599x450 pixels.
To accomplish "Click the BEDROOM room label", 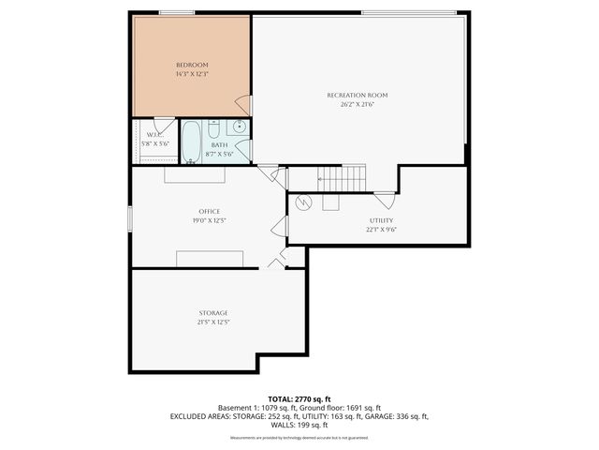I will click(x=192, y=65).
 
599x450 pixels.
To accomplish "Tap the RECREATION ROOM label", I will click(x=357, y=95).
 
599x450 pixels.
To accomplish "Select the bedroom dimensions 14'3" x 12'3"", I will click(x=192, y=74).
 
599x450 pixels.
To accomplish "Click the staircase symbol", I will click(x=341, y=176).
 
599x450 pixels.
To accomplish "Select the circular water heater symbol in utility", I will click(x=302, y=202).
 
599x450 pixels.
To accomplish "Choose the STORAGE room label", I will click(x=212, y=312).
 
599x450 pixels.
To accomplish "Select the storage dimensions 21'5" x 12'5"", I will click(x=212, y=322).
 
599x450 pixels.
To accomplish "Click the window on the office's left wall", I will click(x=131, y=216).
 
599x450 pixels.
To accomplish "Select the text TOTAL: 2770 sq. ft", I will click(x=299, y=398).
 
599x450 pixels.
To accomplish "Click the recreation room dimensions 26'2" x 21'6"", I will click(x=357, y=104).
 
